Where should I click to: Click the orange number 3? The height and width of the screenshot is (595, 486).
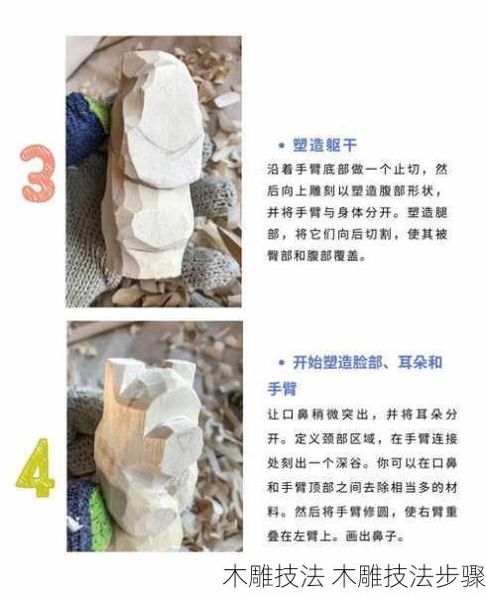coord(37,174)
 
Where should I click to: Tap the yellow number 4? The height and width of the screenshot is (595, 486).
coord(35,467)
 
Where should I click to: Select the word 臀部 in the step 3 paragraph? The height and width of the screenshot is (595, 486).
coord(281,256)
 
